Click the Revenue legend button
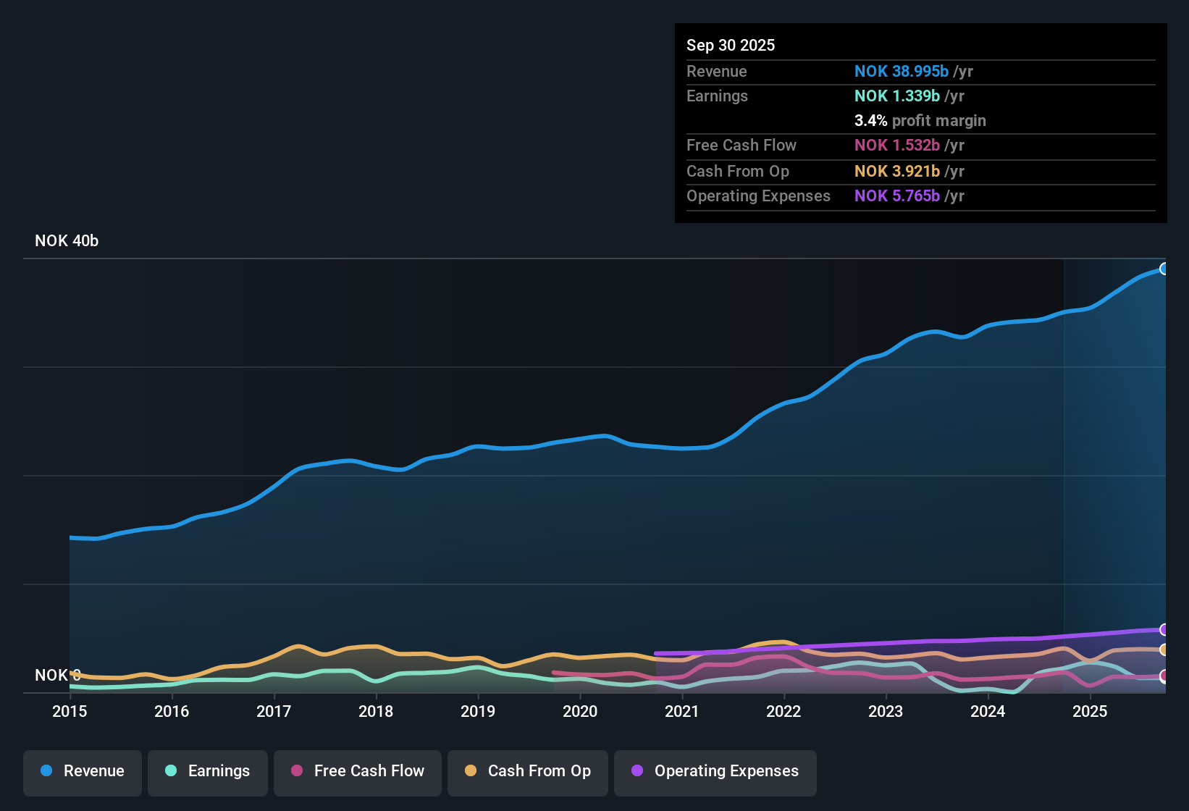(x=83, y=771)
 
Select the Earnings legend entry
(x=208, y=771)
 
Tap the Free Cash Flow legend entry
(x=358, y=771)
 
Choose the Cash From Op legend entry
(x=528, y=771)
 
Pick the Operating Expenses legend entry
(x=715, y=771)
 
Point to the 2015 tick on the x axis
(x=70, y=711)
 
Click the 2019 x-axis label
(x=478, y=711)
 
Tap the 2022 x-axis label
(x=783, y=711)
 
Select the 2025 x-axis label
(x=1090, y=711)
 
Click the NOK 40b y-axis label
(x=67, y=241)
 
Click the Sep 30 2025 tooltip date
(x=731, y=46)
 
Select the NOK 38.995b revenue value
(x=901, y=72)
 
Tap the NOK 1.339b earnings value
(x=896, y=96)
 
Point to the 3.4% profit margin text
(x=920, y=121)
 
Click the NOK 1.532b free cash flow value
(x=896, y=146)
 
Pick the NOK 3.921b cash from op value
(x=896, y=172)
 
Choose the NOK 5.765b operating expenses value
(x=896, y=196)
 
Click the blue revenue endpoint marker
(x=1164, y=269)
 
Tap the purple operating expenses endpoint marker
(x=1164, y=629)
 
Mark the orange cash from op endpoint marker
(x=1164, y=650)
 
